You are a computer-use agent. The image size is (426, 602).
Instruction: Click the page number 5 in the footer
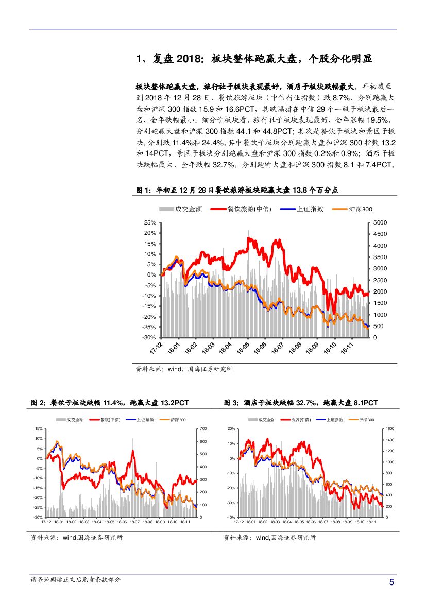[x=391, y=583]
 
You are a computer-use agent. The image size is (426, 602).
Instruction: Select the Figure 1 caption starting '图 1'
[x=237, y=190]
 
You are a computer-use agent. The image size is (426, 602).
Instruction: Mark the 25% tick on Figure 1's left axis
[x=150, y=222]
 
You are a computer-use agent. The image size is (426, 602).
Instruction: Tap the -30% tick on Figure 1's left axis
[x=149, y=337]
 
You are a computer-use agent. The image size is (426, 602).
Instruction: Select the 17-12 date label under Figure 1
[x=157, y=348]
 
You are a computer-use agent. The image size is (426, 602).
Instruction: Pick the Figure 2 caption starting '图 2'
[x=110, y=402]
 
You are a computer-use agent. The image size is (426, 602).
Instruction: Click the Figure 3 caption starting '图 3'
[x=301, y=402]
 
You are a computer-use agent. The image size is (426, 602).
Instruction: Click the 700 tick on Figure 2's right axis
[x=203, y=428]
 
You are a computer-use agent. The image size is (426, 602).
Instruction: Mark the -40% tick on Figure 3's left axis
[x=231, y=517]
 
